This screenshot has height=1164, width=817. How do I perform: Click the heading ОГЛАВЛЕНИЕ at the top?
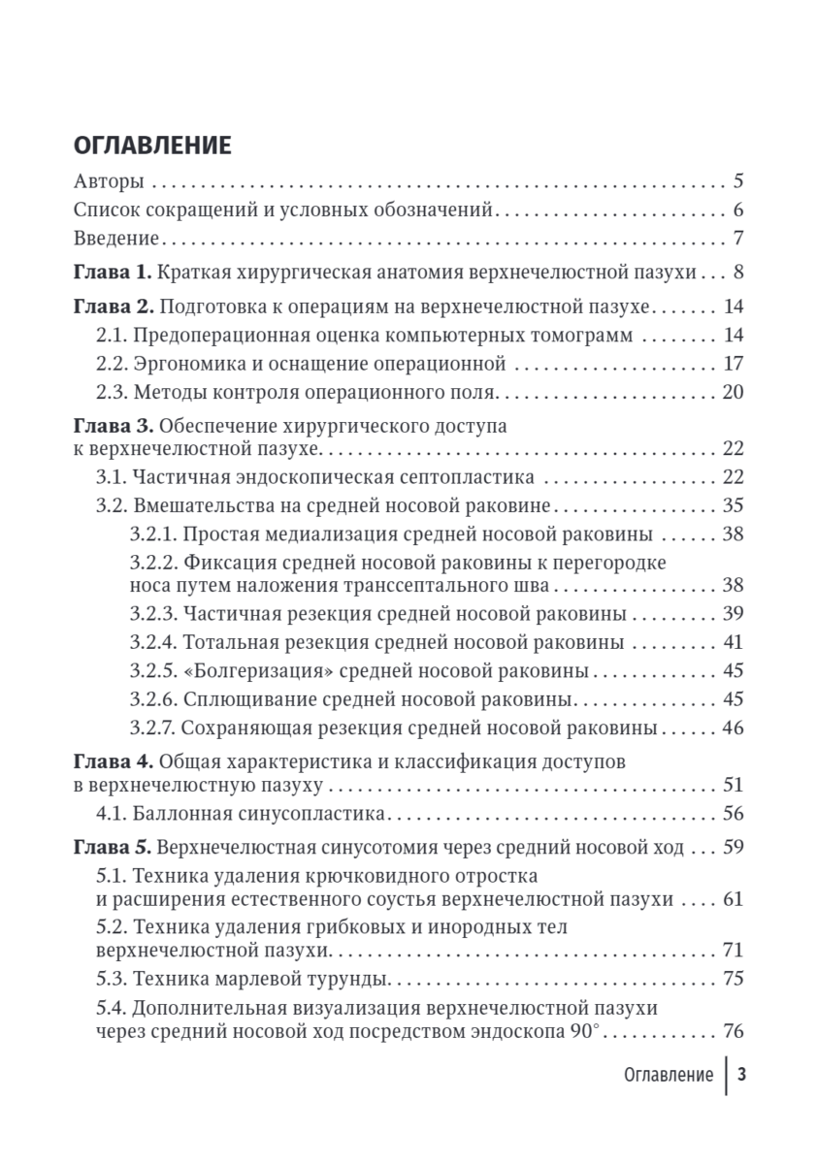pyautogui.click(x=152, y=145)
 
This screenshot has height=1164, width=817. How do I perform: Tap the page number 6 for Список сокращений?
pyautogui.click(x=738, y=210)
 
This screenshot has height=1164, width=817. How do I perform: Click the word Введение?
pyautogui.click(x=116, y=239)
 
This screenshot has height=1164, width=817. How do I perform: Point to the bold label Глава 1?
pyautogui.click(x=113, y=273)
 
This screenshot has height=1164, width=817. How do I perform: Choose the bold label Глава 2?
pyautogui.click(x=113, y=307)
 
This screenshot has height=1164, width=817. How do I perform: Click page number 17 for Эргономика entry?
pyautogui.click(x=734, y=364)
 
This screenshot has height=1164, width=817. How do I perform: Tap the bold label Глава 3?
pyautogui.click(x=113, y=426)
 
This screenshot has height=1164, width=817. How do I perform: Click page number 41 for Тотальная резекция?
pyautogui.click(x=734, y=643)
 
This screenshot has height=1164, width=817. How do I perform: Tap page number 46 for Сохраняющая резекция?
pyautogui.click(x=734, y=727)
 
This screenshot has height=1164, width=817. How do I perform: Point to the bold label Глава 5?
pyautogui.click(x=113, y=847)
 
